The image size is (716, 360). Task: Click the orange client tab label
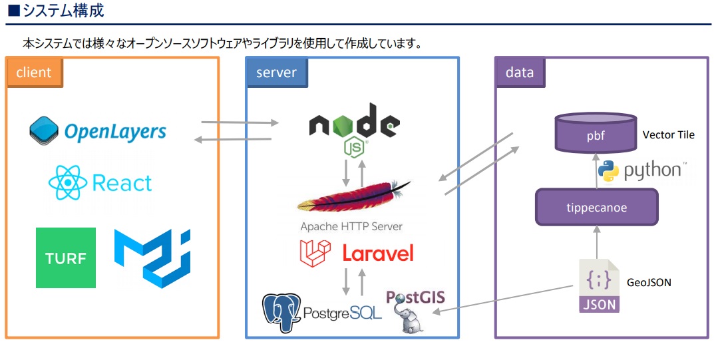pos(35,73)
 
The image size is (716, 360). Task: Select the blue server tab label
pos(276,73)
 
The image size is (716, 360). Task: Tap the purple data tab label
pos(520,73)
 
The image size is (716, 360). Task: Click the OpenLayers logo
pos(98,130)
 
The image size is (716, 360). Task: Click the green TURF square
pos(66,258)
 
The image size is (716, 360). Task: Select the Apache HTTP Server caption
pos(351,226)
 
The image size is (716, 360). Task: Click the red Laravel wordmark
pos(377,253)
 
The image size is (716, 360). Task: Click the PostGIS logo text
pos(415,297)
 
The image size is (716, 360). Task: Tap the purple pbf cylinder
pos(596,134)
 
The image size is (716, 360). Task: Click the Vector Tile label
pos(668,135)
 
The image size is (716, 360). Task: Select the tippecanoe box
pos(596,208)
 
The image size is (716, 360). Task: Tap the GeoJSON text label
pos(649,283)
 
